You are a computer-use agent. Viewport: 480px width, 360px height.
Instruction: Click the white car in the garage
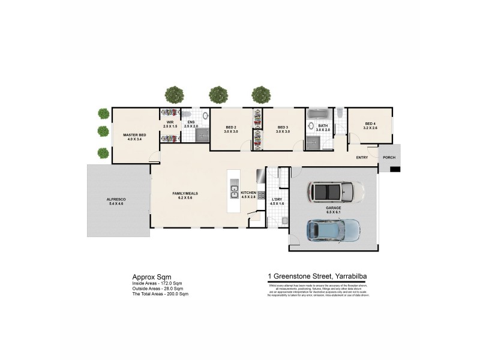pyautogui.click(x=335, y=192)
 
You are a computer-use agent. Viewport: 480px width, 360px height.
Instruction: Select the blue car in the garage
pyautogui.click(x=333, y=229)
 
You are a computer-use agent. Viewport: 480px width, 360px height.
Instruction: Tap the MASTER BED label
pyautogui.click(x=131, y=136)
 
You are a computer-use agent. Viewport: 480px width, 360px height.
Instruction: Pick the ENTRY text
pyautogui.click(x=362, y=158)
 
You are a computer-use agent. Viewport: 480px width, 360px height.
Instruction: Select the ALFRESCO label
pyautogui.click(x=115, y=199)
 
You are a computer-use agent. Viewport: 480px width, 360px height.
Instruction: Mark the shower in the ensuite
pyautogui.click(x=202, y=134)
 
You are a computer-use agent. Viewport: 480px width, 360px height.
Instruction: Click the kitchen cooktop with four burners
pyautogui.click(x=262, y=194)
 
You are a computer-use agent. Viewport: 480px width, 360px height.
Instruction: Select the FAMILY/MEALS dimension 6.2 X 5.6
pyautogui.click(x=185, y=197)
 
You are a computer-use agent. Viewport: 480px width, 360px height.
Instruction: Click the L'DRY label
pyautogui.click(x=277, y=199)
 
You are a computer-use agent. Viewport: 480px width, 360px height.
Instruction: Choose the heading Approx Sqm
pyautogui.click(x=148, y=277)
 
